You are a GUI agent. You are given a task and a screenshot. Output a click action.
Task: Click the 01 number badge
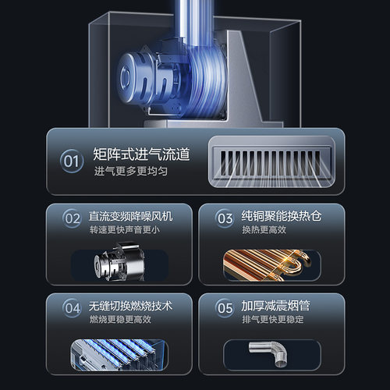[x=72, y=162]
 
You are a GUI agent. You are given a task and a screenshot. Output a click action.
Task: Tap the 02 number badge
[x=72, y=218]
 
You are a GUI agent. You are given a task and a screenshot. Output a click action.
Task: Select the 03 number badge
[x=225, y=218]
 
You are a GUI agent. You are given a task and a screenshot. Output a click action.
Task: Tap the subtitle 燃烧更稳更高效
[x=120, y=318]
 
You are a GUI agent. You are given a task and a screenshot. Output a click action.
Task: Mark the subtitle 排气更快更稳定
[x=274, y=318]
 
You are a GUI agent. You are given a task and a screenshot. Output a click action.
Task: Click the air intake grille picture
[x=271, y=163]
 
